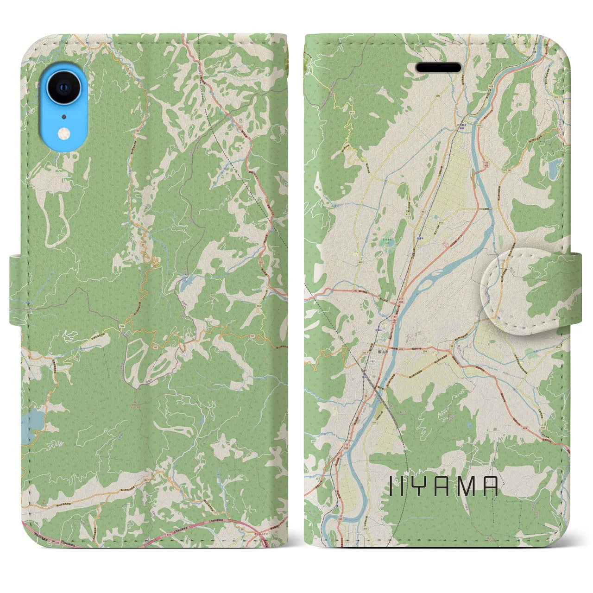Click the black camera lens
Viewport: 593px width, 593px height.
(63, 87)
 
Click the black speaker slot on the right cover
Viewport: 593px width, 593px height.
(438, 68)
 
